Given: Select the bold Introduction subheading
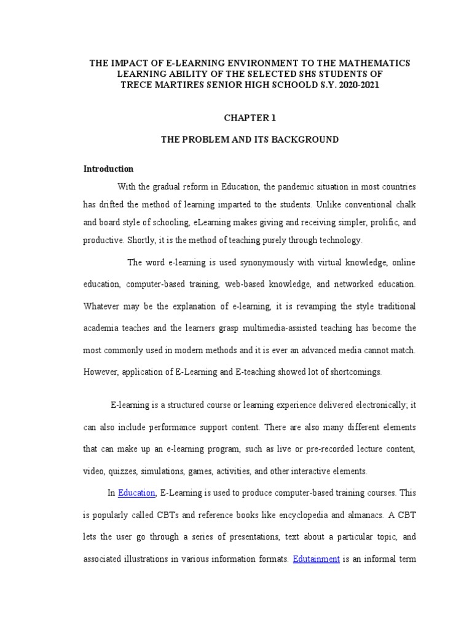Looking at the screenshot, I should [x=108, y=169].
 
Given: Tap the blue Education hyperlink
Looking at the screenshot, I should [x=137, y=492].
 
